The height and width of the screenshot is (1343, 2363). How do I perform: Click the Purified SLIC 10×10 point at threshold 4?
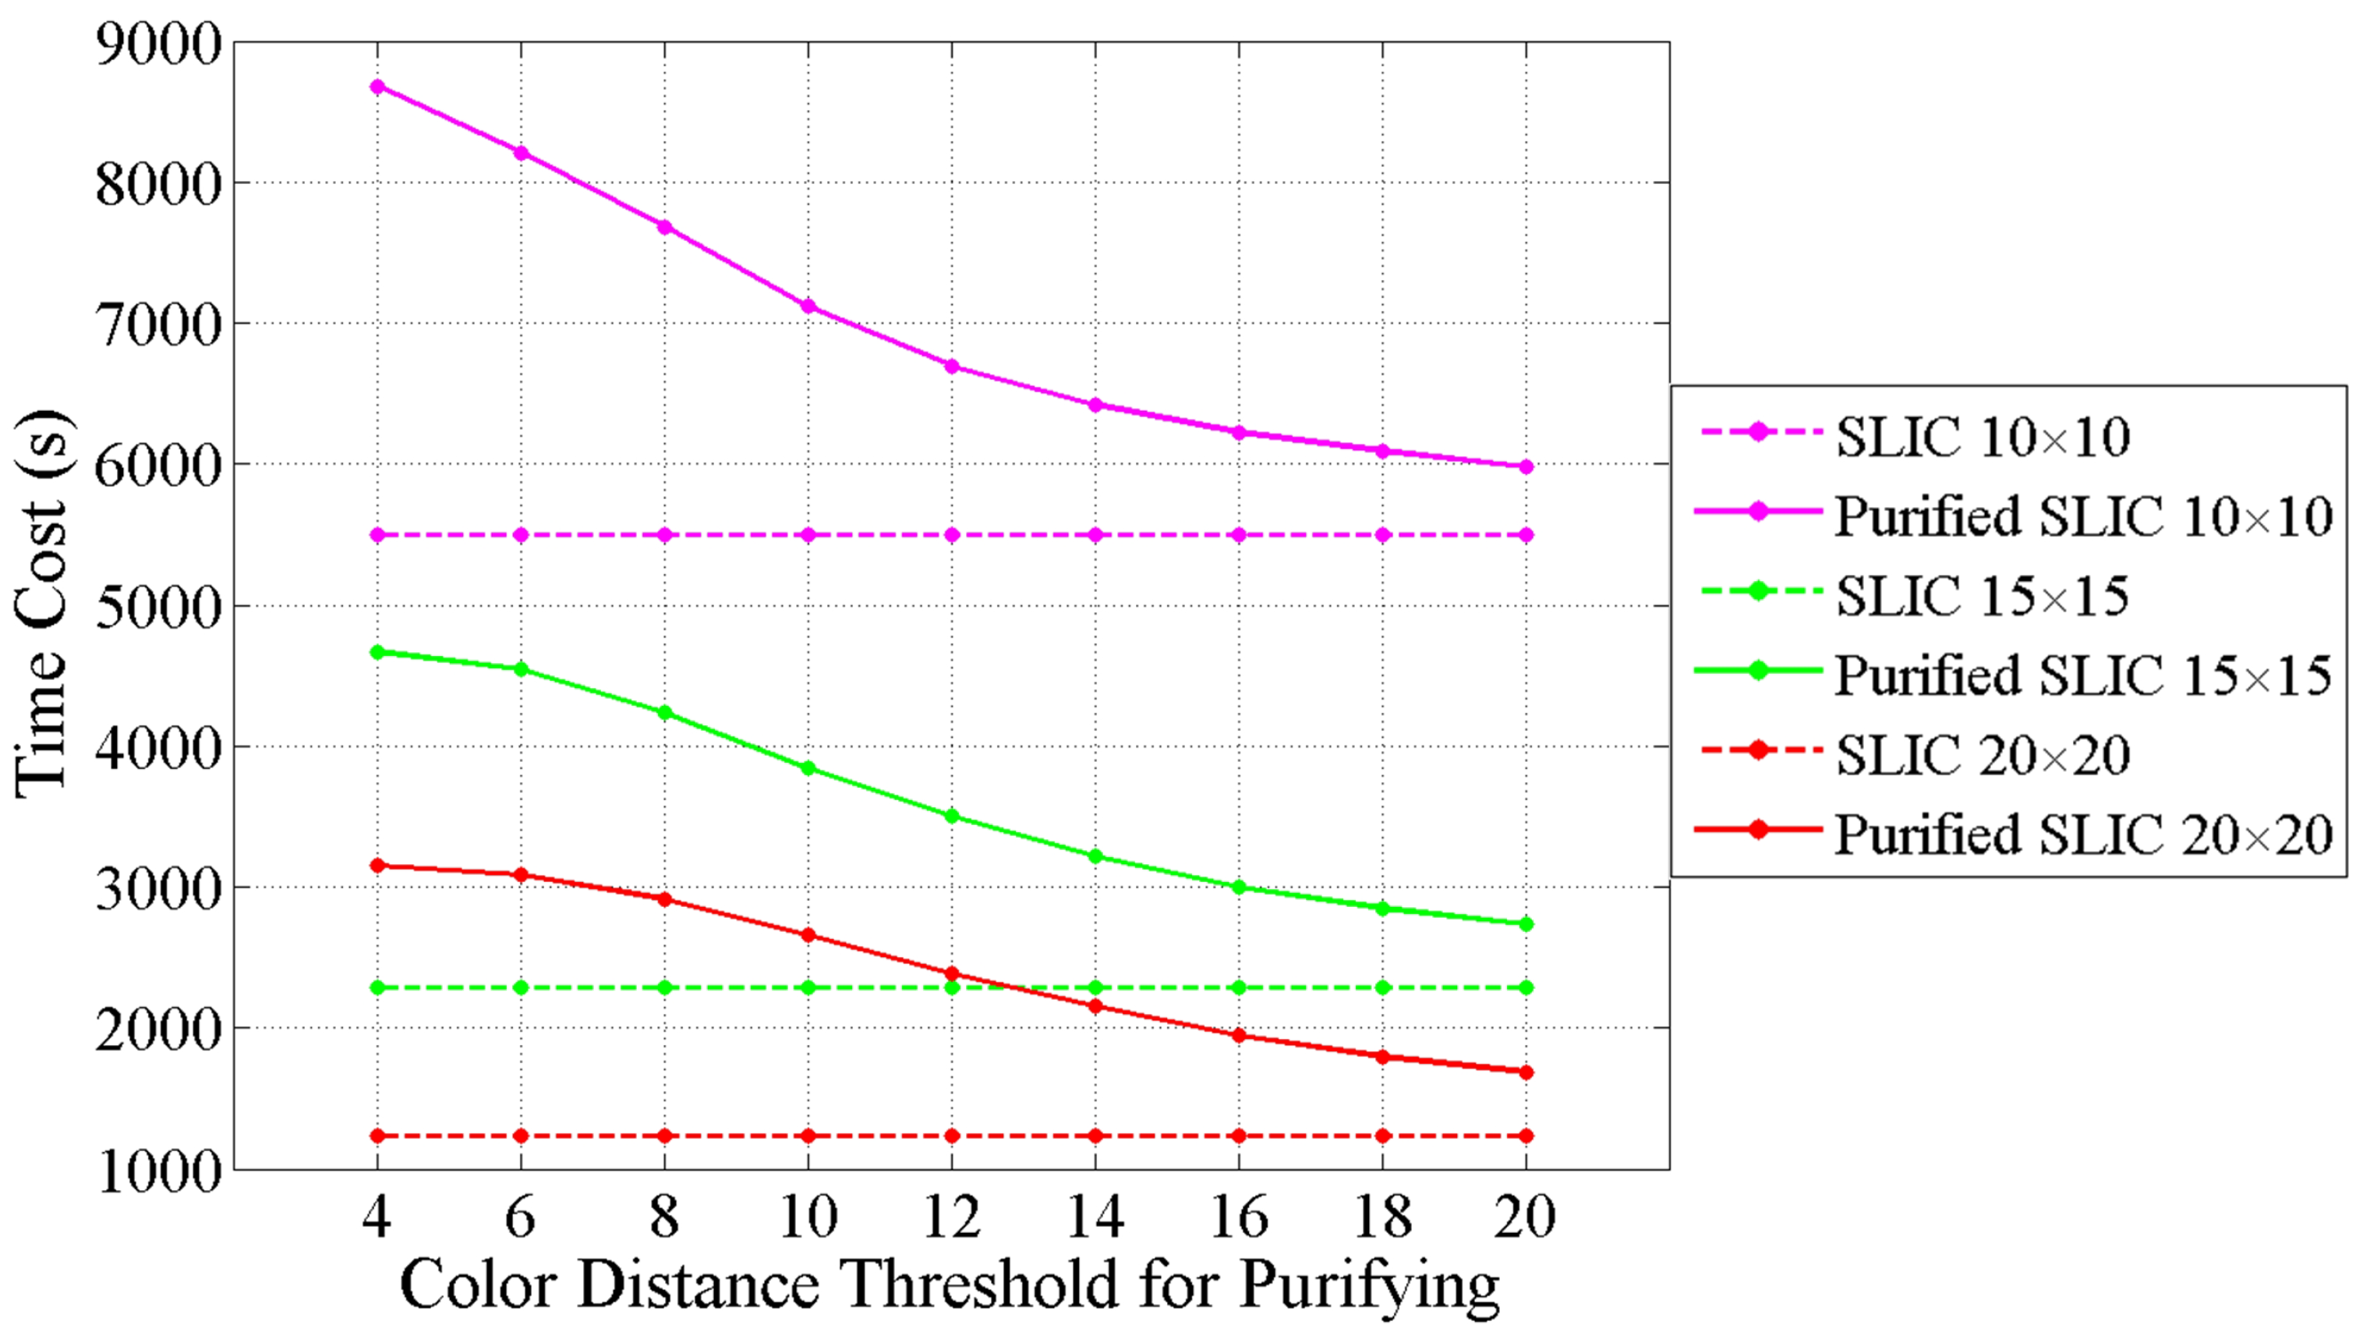[x=377, y=87]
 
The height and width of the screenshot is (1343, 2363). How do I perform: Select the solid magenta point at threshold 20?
[x=1526, y=466]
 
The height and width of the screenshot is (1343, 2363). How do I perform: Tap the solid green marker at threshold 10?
[x=808, y=767]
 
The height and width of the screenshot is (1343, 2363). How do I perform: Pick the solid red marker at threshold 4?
[x=377, y=865]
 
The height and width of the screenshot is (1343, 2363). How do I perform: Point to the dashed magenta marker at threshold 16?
[x=1239, y=535]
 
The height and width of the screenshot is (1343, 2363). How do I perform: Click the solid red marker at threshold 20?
[x=1526, y=1072]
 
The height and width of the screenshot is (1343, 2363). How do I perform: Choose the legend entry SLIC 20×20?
[x=1983, y=756]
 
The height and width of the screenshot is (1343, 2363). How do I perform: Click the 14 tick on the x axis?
[x=1095, y=1216]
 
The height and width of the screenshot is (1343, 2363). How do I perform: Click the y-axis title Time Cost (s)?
[x=41, y=604]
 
